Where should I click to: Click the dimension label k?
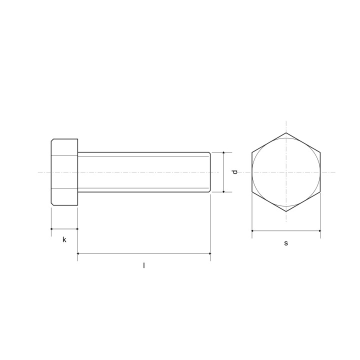64,239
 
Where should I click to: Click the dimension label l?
144,265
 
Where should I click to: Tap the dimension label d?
234,172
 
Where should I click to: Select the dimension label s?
286,243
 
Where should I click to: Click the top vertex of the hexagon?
286,133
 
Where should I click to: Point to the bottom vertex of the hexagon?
286,211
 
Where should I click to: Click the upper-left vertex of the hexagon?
252,152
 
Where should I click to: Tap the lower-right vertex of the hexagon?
320,192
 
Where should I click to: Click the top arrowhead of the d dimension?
223,153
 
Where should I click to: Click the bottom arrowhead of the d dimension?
223,191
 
